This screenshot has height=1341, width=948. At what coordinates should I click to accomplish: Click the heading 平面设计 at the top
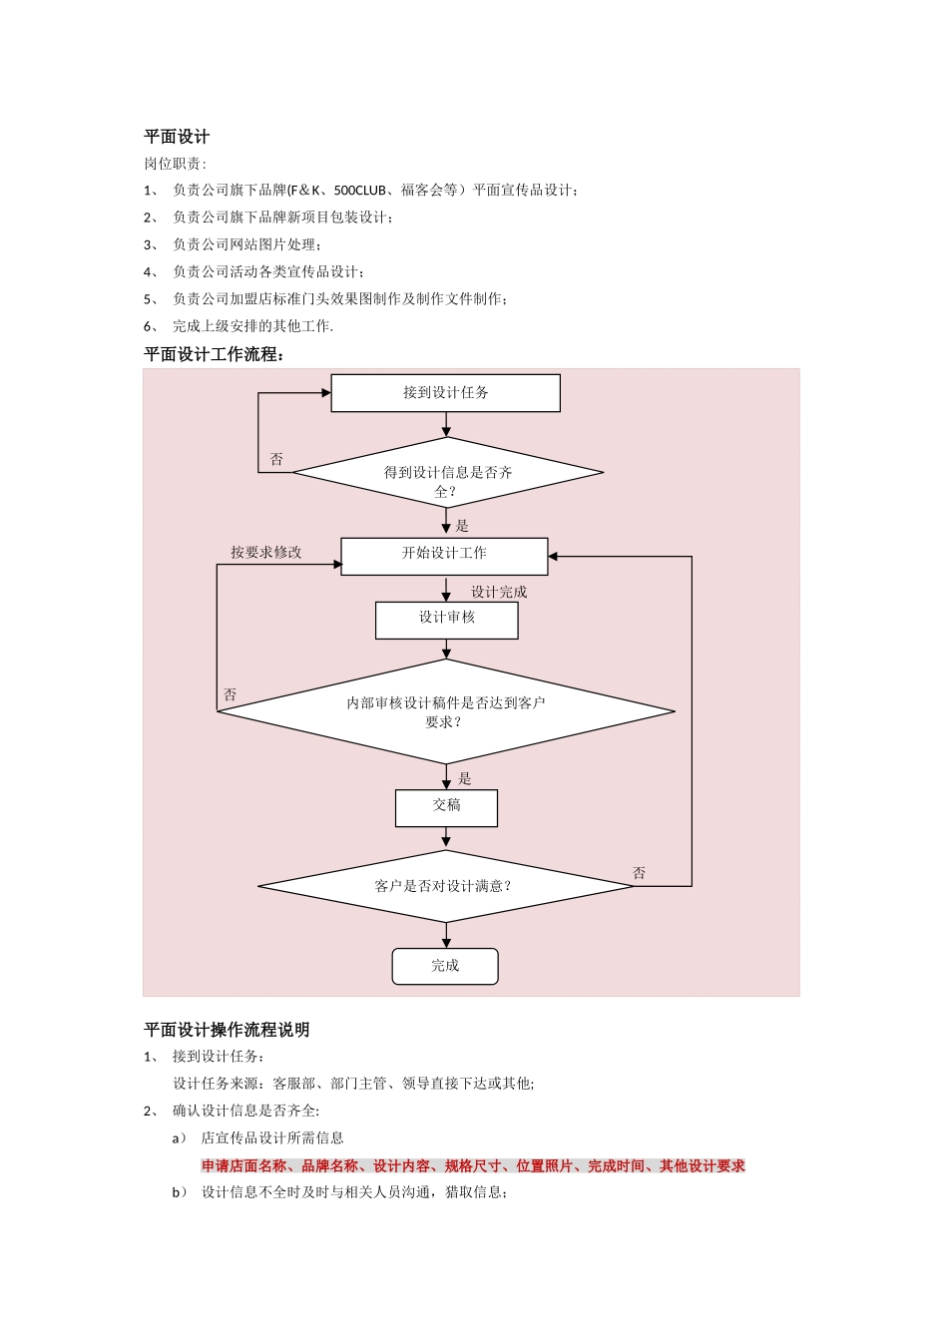(177, 137)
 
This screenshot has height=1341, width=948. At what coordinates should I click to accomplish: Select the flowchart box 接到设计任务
(445, 393)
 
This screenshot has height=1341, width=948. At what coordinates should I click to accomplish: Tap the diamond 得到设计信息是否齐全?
(447, 474)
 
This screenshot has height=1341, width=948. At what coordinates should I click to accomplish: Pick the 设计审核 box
(446, 619)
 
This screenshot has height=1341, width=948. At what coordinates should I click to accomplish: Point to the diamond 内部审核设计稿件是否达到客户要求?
(445, 711)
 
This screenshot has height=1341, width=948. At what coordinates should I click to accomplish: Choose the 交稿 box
(446, 806)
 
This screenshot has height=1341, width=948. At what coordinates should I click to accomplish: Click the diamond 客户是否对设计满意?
(445, 886)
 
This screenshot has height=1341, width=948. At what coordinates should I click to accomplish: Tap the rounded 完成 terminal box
(445, 966)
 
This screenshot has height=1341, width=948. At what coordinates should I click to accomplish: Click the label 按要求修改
(266, 552)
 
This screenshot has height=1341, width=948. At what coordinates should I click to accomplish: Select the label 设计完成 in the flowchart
(499, 592)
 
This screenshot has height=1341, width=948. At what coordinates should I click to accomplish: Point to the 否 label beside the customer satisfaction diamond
(639, 873)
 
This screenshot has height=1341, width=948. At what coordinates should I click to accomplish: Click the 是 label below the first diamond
(462, 526)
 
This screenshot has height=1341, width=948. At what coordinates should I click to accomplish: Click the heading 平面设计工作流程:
(215, 354)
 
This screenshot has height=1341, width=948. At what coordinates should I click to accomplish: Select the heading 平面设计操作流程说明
(227, 1030)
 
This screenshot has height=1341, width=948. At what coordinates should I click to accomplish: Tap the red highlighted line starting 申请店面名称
(473, 1165)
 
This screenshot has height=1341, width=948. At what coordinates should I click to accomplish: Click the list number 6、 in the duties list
(151, 326)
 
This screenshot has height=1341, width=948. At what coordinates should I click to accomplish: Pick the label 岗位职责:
(176, 164)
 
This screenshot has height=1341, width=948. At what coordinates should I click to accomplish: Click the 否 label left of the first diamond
(276, 459)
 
